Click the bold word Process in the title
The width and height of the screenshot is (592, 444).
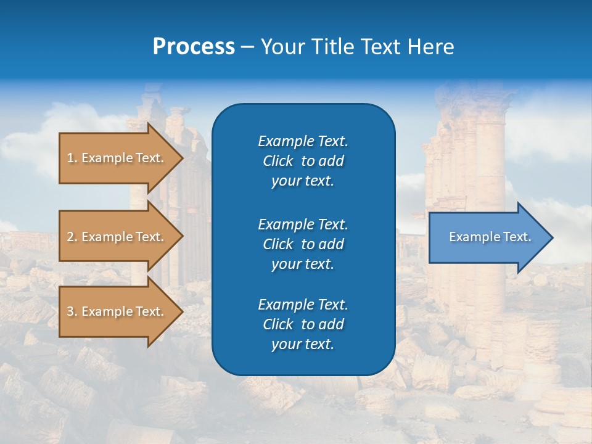[x=194, y=47]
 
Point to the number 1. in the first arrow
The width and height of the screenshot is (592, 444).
[x=72, y=158]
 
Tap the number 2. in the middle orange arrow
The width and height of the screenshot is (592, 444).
[x=72, y=237]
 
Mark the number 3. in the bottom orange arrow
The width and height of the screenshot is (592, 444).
[x=72, y=311]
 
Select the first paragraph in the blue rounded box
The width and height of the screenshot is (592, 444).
[x=303, y=161]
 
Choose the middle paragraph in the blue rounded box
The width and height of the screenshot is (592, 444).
[x=303, y=244]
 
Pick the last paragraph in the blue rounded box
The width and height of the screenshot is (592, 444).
[x=303, y=324]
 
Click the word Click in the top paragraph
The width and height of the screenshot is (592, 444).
[x=277, y=161]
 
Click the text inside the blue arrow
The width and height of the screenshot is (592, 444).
[x=490, y=237]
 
